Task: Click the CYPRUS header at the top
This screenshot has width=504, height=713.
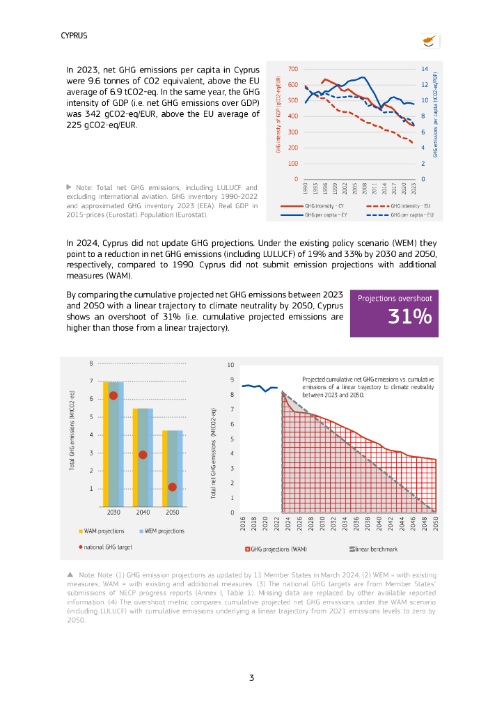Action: (74, 36)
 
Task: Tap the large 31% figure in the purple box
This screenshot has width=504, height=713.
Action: (409, 317)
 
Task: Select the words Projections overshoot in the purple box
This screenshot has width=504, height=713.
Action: (395, 298)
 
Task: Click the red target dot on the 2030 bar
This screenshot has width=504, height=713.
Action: (113, 395)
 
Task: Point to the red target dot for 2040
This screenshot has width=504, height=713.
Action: (143, 455)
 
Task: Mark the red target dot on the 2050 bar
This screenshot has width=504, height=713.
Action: (172, 487)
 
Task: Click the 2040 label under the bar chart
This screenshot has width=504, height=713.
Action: (143, 512)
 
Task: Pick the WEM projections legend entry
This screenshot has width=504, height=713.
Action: (164, 531)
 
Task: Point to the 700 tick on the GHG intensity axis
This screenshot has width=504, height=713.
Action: (292, 69)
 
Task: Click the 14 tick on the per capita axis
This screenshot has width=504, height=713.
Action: (424, 69)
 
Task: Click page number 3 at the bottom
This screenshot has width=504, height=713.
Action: (251, 677)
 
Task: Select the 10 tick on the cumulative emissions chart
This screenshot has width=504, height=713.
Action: (232, 365)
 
